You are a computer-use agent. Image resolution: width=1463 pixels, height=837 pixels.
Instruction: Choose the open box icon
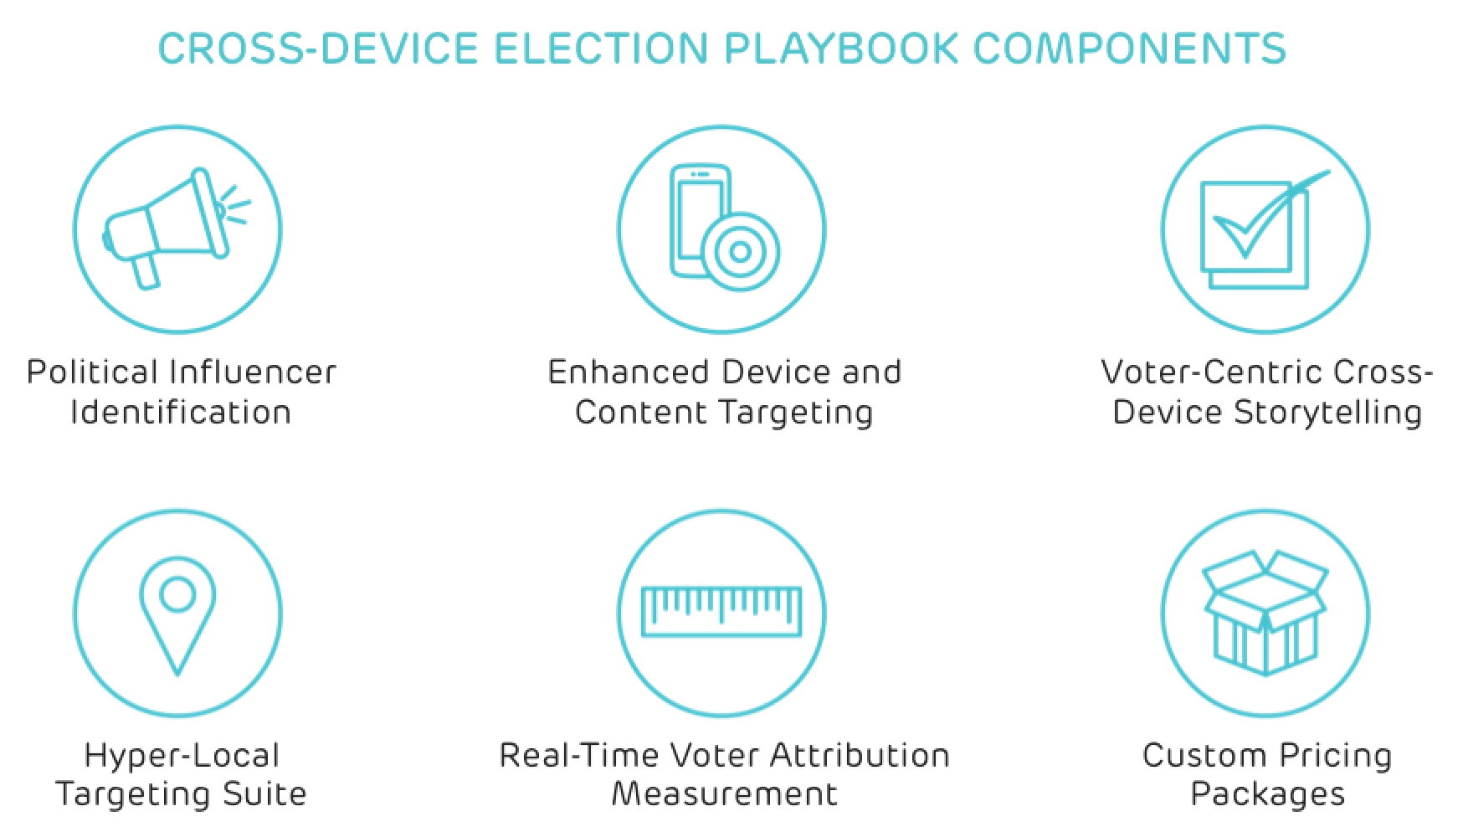pyautogui.click(x=1265, y=613)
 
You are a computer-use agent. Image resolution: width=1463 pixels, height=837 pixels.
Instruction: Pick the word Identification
pyautogui.click(x=181, y=412)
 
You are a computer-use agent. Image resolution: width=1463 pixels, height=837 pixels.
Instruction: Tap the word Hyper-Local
pyautogui.click(x=182, y=756)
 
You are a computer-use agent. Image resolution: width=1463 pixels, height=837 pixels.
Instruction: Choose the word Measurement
pyautogui.click(x=724, y=793)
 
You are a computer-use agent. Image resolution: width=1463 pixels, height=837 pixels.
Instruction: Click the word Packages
pyautogui.click(x=1267, y=793)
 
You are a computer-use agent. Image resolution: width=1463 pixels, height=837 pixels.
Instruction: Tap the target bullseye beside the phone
pyautogui.click(x=741, y=250)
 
